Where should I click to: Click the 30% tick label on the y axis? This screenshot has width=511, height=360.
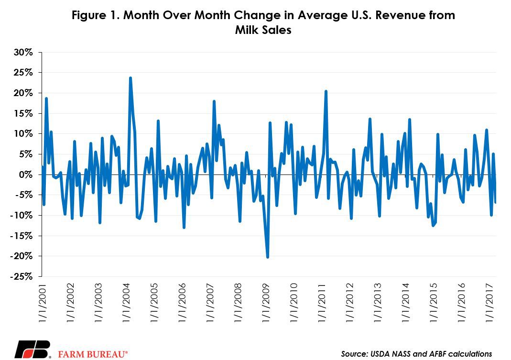tap(23, 52)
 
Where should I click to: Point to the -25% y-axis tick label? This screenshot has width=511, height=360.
tap(22, 276)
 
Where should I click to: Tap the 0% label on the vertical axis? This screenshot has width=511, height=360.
tap(26, 175)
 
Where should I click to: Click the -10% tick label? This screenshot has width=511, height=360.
tap(22, 216)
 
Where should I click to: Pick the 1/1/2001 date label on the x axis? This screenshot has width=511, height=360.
tap(43, 303)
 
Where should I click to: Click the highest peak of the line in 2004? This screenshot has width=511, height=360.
tap(130, 78)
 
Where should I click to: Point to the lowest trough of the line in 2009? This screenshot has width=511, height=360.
tap(268, 257)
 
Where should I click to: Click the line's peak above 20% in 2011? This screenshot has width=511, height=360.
tap(326, 91)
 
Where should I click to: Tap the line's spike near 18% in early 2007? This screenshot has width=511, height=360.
tap(214, 101)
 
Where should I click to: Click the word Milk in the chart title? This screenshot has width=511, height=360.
tap(246, 30)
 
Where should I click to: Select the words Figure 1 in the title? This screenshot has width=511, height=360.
tap(95, 15)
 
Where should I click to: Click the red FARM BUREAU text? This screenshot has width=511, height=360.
tap(93, 354)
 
